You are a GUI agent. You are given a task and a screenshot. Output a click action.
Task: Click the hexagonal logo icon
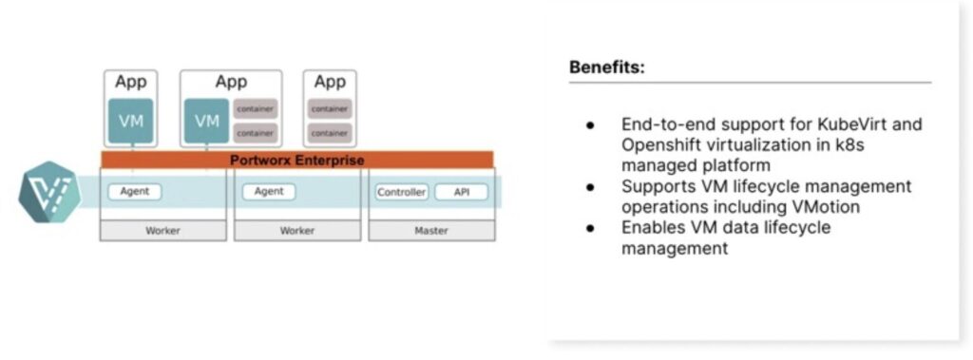point(49,192)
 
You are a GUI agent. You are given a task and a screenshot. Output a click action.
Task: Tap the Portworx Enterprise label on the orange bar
point(296,161)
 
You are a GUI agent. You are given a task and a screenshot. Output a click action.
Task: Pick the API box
point(462,192)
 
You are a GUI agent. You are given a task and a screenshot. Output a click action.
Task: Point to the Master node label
point(431,231)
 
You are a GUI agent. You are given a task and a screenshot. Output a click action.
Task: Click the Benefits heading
point(606,67)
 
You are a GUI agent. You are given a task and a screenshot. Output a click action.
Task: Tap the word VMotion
point(826,206)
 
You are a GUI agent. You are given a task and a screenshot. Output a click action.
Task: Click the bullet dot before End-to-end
point(590,124)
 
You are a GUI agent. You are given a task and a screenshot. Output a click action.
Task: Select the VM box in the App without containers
point(130,121)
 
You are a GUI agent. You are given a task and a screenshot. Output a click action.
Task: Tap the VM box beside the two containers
point(206,121)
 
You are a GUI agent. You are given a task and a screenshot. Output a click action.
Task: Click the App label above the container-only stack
point(330,82)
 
